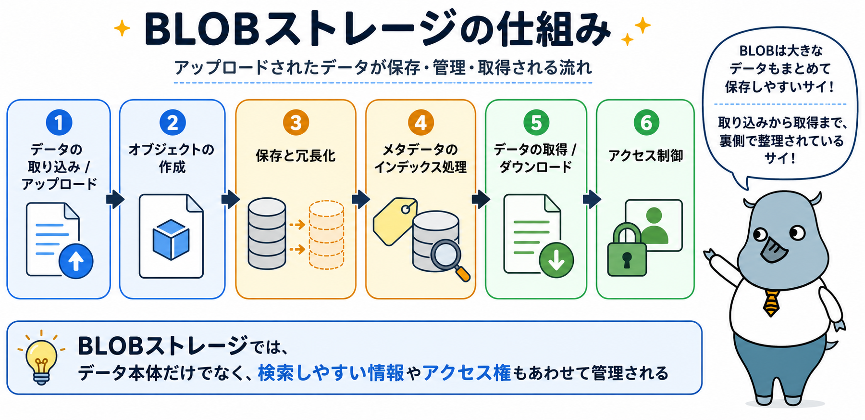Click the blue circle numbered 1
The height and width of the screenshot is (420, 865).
(x=59, y=122)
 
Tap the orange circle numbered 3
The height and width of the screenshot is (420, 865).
(x=296, y=122)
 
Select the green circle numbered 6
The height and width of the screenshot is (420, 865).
(x=646, y=122)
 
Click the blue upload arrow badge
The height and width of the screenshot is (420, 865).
(x=76, y=261)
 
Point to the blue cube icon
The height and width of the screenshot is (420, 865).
(x=171, y=238)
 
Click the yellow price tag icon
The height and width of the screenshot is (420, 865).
(x=395, y=221)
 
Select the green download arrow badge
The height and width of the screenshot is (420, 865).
(x=556, y=260)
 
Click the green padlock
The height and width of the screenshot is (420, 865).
(x=627, y=250)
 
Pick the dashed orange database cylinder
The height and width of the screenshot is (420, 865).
(x=326, y=235)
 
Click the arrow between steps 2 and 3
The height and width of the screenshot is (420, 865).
(x=230, y=199)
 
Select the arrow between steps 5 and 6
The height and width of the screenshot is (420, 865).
(x=592, y=199)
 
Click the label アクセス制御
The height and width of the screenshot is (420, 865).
(x=646, y=155)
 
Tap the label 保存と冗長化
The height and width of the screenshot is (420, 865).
(x=296, y=155)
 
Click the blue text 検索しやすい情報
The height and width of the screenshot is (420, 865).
(x=331, y=373)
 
